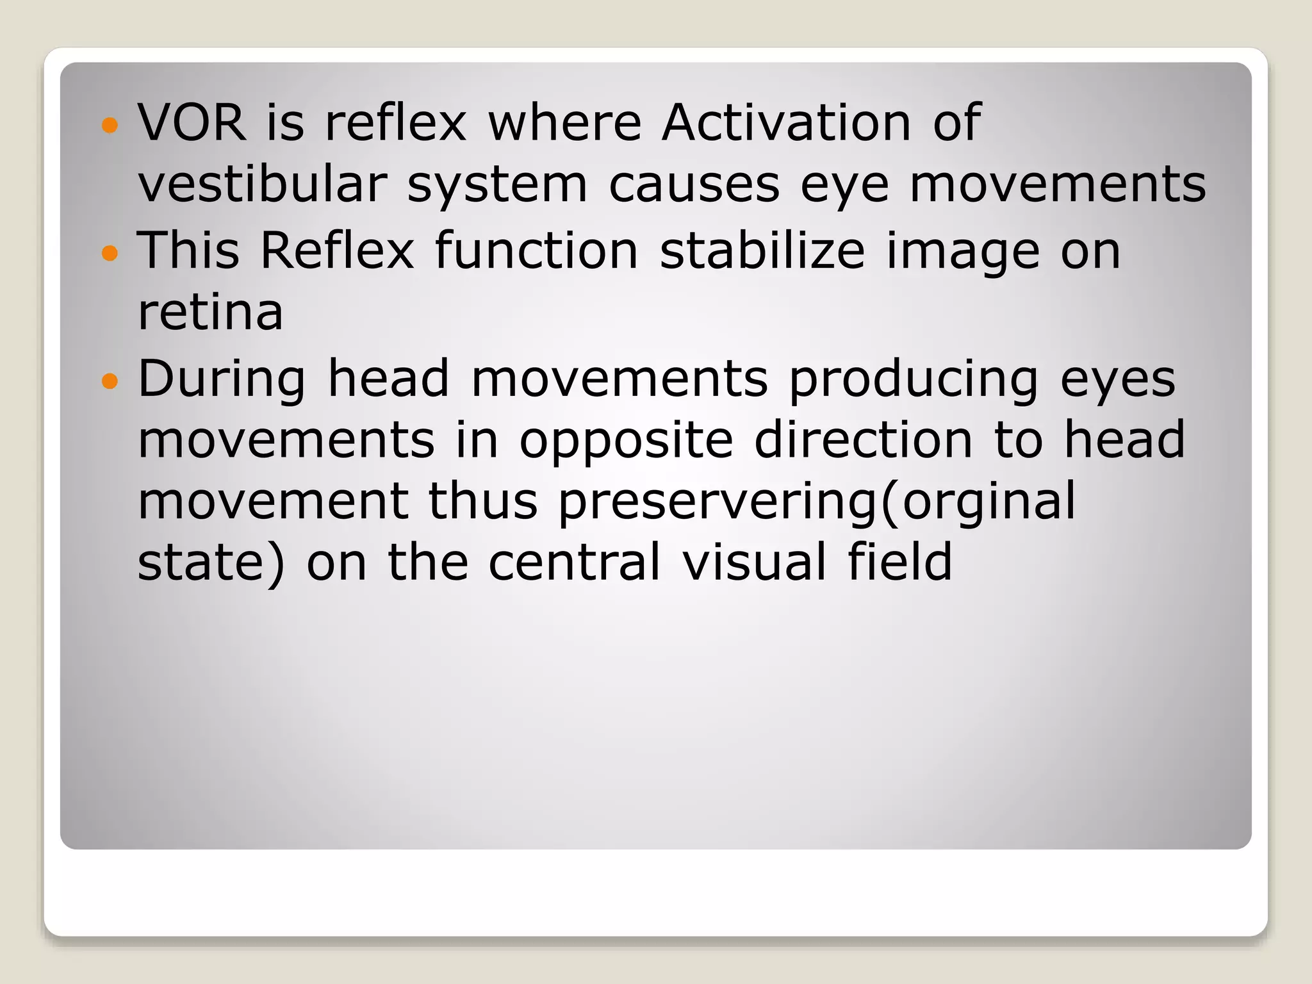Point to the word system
click(x=497, y=186)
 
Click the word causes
click(x=694, y=186)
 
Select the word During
click(x=222, y=379)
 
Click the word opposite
click(x=626, y=442)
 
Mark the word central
click(x=574, y=562)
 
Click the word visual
click(x=754, y=562)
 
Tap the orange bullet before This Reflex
click(x=110, y=253)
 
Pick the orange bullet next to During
click(x=110, y=382)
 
